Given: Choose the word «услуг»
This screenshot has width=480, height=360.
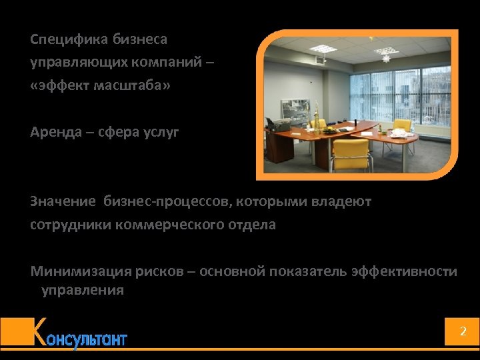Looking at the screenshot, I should (161, 132).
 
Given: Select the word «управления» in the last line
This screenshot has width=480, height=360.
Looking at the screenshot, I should (83, 290).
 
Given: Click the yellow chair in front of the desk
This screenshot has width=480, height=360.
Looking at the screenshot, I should (351, 153).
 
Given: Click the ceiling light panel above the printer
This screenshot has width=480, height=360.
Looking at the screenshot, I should (321, 49).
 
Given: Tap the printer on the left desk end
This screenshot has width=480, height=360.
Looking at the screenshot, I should (276, 125).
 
